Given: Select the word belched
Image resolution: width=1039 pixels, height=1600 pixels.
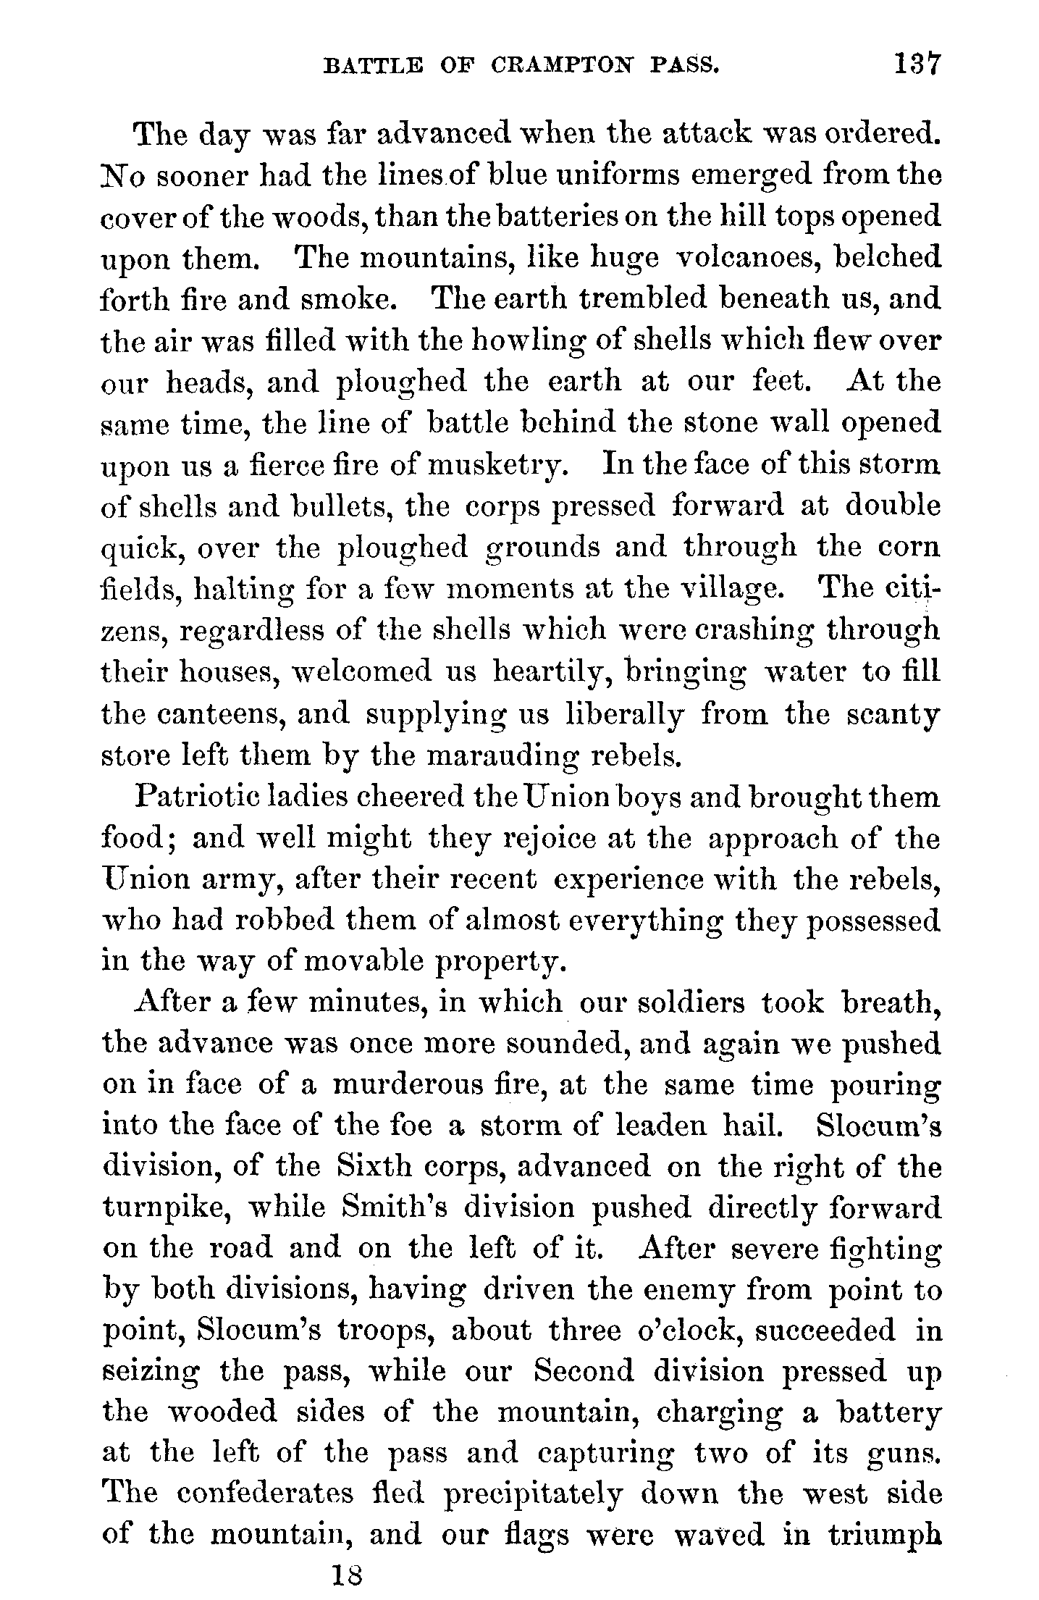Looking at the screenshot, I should click(x=887, y=258).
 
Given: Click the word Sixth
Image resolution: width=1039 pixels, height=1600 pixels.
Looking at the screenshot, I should click(x=374, y=1168).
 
